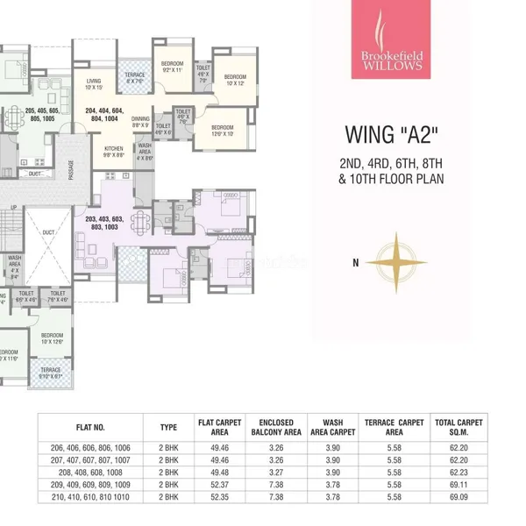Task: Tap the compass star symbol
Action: point(396,262)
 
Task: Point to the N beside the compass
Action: point(355,262)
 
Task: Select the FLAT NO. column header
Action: point(90,428)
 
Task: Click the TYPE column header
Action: point(168,428)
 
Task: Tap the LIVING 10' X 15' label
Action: point(94,84)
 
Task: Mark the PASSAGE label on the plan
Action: point(73,163)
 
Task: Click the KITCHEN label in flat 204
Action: point(115,152)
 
